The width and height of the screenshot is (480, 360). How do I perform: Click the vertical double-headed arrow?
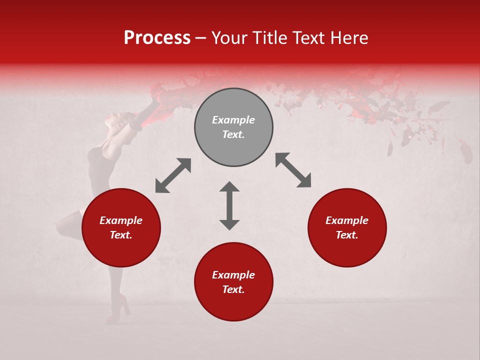tap(229, 205)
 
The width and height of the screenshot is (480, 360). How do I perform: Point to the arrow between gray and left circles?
tap(173, 175)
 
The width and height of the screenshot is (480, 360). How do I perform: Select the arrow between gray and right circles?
tap(293, 170)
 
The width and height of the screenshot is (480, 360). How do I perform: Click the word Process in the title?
tap(157, 38)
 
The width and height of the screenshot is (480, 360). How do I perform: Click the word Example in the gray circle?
tap(233, 120)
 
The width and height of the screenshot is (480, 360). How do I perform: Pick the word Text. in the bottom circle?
tap(233, 289)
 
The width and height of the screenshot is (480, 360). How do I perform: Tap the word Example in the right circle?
tap(347, 220)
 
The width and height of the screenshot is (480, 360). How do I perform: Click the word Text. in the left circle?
tap(121, 235)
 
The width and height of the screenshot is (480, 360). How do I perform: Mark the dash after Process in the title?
tap(201, 38)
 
